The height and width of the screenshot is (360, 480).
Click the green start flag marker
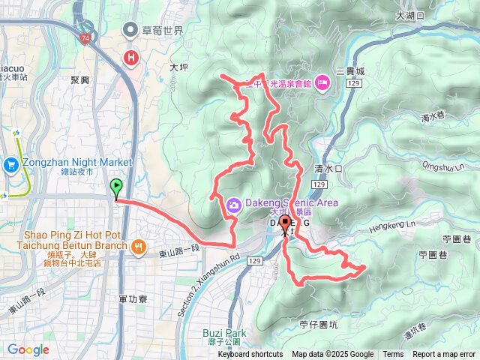[x=116, y=187]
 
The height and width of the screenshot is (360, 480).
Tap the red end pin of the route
[x=285, y=222]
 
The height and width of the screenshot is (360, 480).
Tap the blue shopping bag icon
[x=11, y=164]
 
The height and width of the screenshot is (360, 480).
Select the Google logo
[x=28, y=349]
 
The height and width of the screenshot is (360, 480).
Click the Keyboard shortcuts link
[x=250, y=355]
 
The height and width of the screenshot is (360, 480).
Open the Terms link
[x=393, y=355]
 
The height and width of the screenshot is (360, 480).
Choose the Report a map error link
[x=444, y=355]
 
